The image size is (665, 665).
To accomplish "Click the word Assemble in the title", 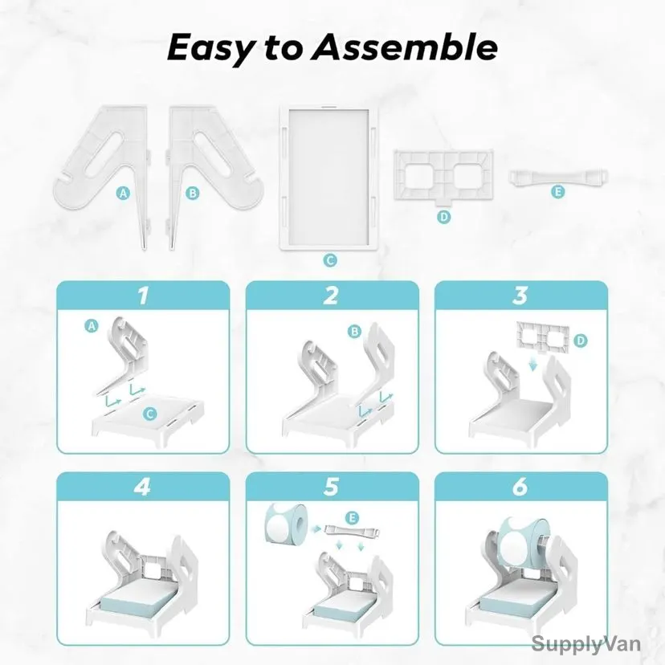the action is (404, 47).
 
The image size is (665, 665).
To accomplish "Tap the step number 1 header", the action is (143, 296).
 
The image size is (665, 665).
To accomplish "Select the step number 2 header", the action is (332, 296).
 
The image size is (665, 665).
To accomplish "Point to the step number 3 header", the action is (520, 296).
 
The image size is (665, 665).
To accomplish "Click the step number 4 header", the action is (143, 487).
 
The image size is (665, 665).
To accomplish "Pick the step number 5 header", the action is (331, 487).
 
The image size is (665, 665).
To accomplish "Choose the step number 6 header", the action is (520, 487).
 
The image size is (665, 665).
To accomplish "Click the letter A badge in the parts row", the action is (123, 194).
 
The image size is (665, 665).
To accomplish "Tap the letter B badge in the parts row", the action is (193, 194).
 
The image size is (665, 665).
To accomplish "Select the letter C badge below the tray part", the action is (329, 260).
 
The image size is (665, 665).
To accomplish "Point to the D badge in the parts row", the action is (443, 217).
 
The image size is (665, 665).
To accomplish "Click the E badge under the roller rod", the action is (558, 192).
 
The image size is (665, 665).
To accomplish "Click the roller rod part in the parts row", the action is (558, 177).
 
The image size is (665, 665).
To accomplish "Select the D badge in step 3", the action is (580, 341).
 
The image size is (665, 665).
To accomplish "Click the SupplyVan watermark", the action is (585, 644).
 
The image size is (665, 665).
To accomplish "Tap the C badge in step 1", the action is (149, 414).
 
